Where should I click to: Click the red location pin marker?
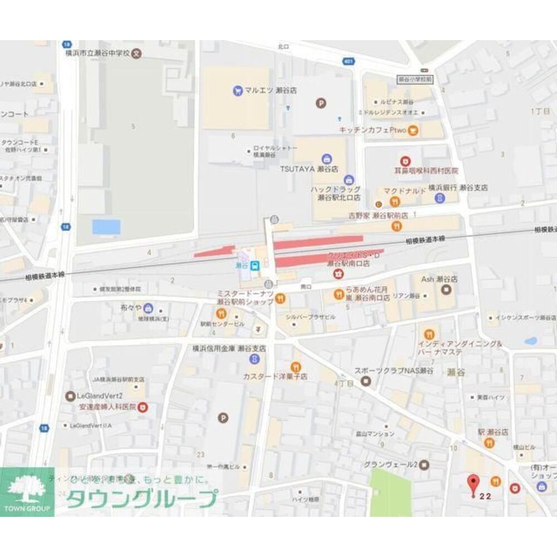(473, 483)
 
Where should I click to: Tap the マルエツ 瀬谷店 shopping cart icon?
(238, 90)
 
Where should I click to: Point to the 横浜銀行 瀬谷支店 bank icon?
(439, 197)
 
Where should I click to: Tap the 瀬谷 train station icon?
(255, 266)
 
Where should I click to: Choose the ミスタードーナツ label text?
(245, 294)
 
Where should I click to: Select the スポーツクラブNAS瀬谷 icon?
(366, 381)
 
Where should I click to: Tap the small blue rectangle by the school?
(106, 227)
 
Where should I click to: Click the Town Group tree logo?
(27, 489)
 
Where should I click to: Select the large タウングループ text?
(141, 499)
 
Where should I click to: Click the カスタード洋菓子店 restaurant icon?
(296, 367)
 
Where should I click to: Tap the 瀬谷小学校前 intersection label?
(414, 80)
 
